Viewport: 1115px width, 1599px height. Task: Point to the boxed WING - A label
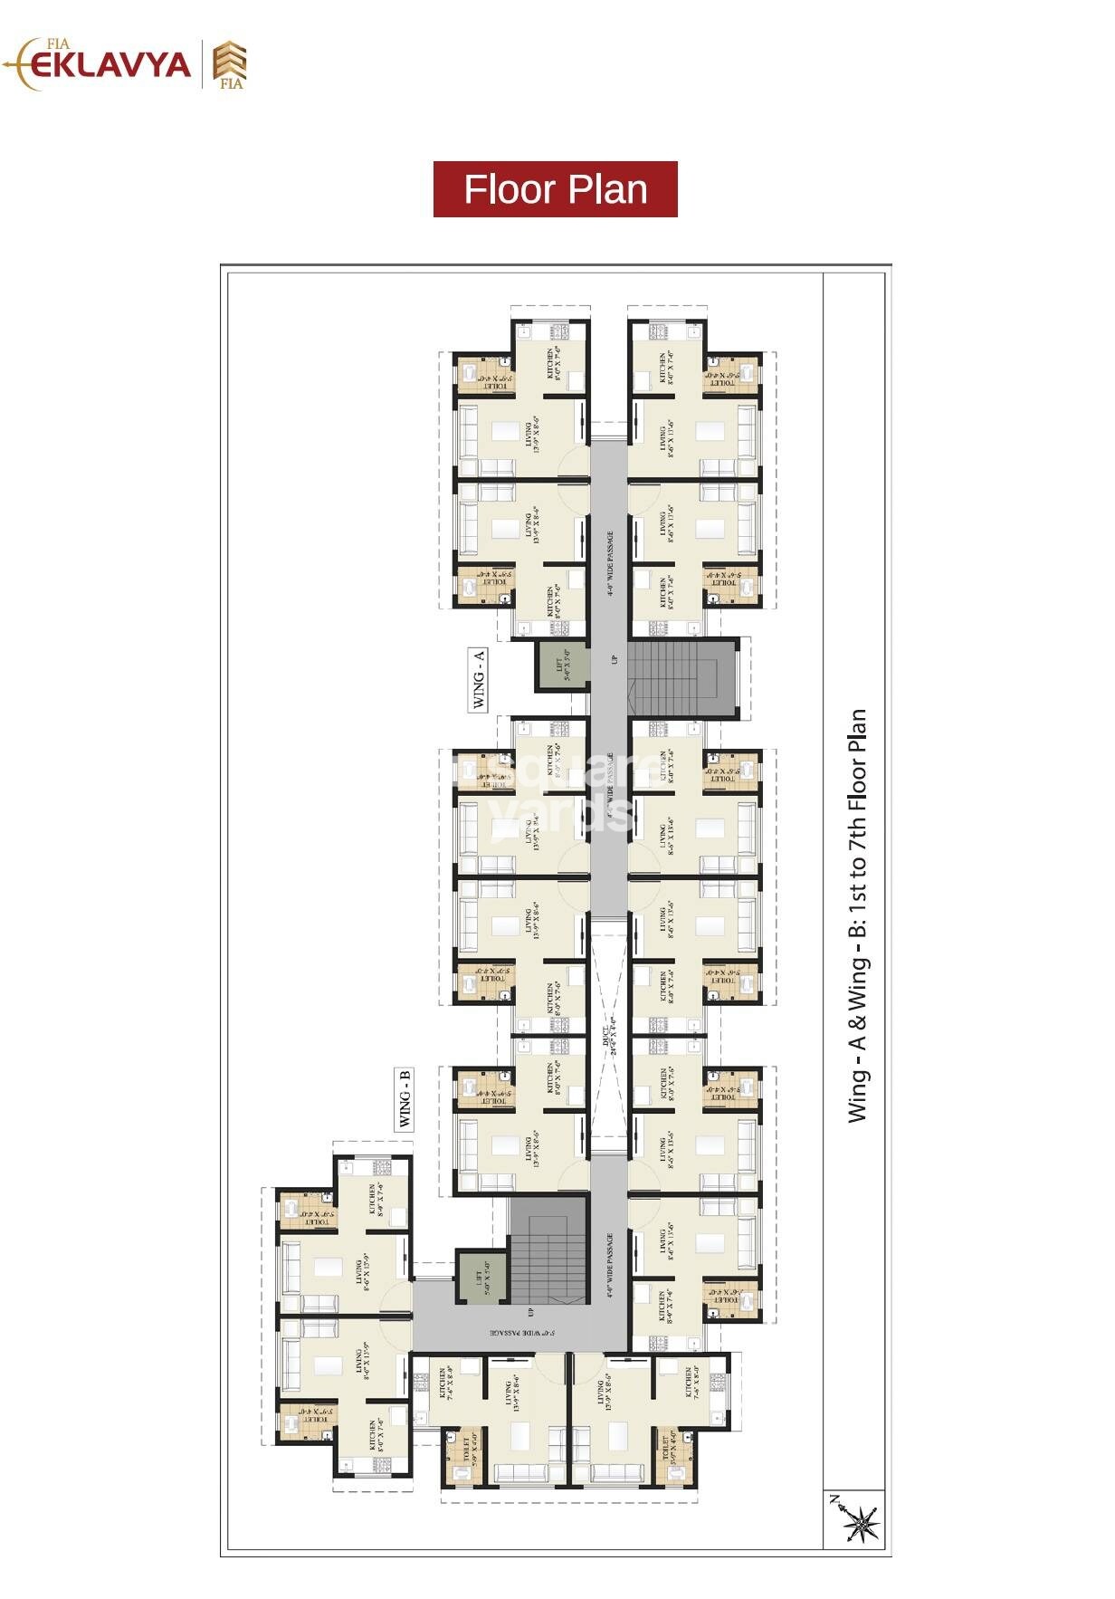point(479,679)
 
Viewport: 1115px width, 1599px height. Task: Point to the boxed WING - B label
point(405,1098)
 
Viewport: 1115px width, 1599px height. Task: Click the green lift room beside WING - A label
point(561,665)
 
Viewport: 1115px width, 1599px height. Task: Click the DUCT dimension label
point(610,1037)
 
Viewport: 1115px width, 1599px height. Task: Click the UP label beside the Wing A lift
point(613,660)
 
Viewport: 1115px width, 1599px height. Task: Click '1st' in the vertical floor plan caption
point(858,907)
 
